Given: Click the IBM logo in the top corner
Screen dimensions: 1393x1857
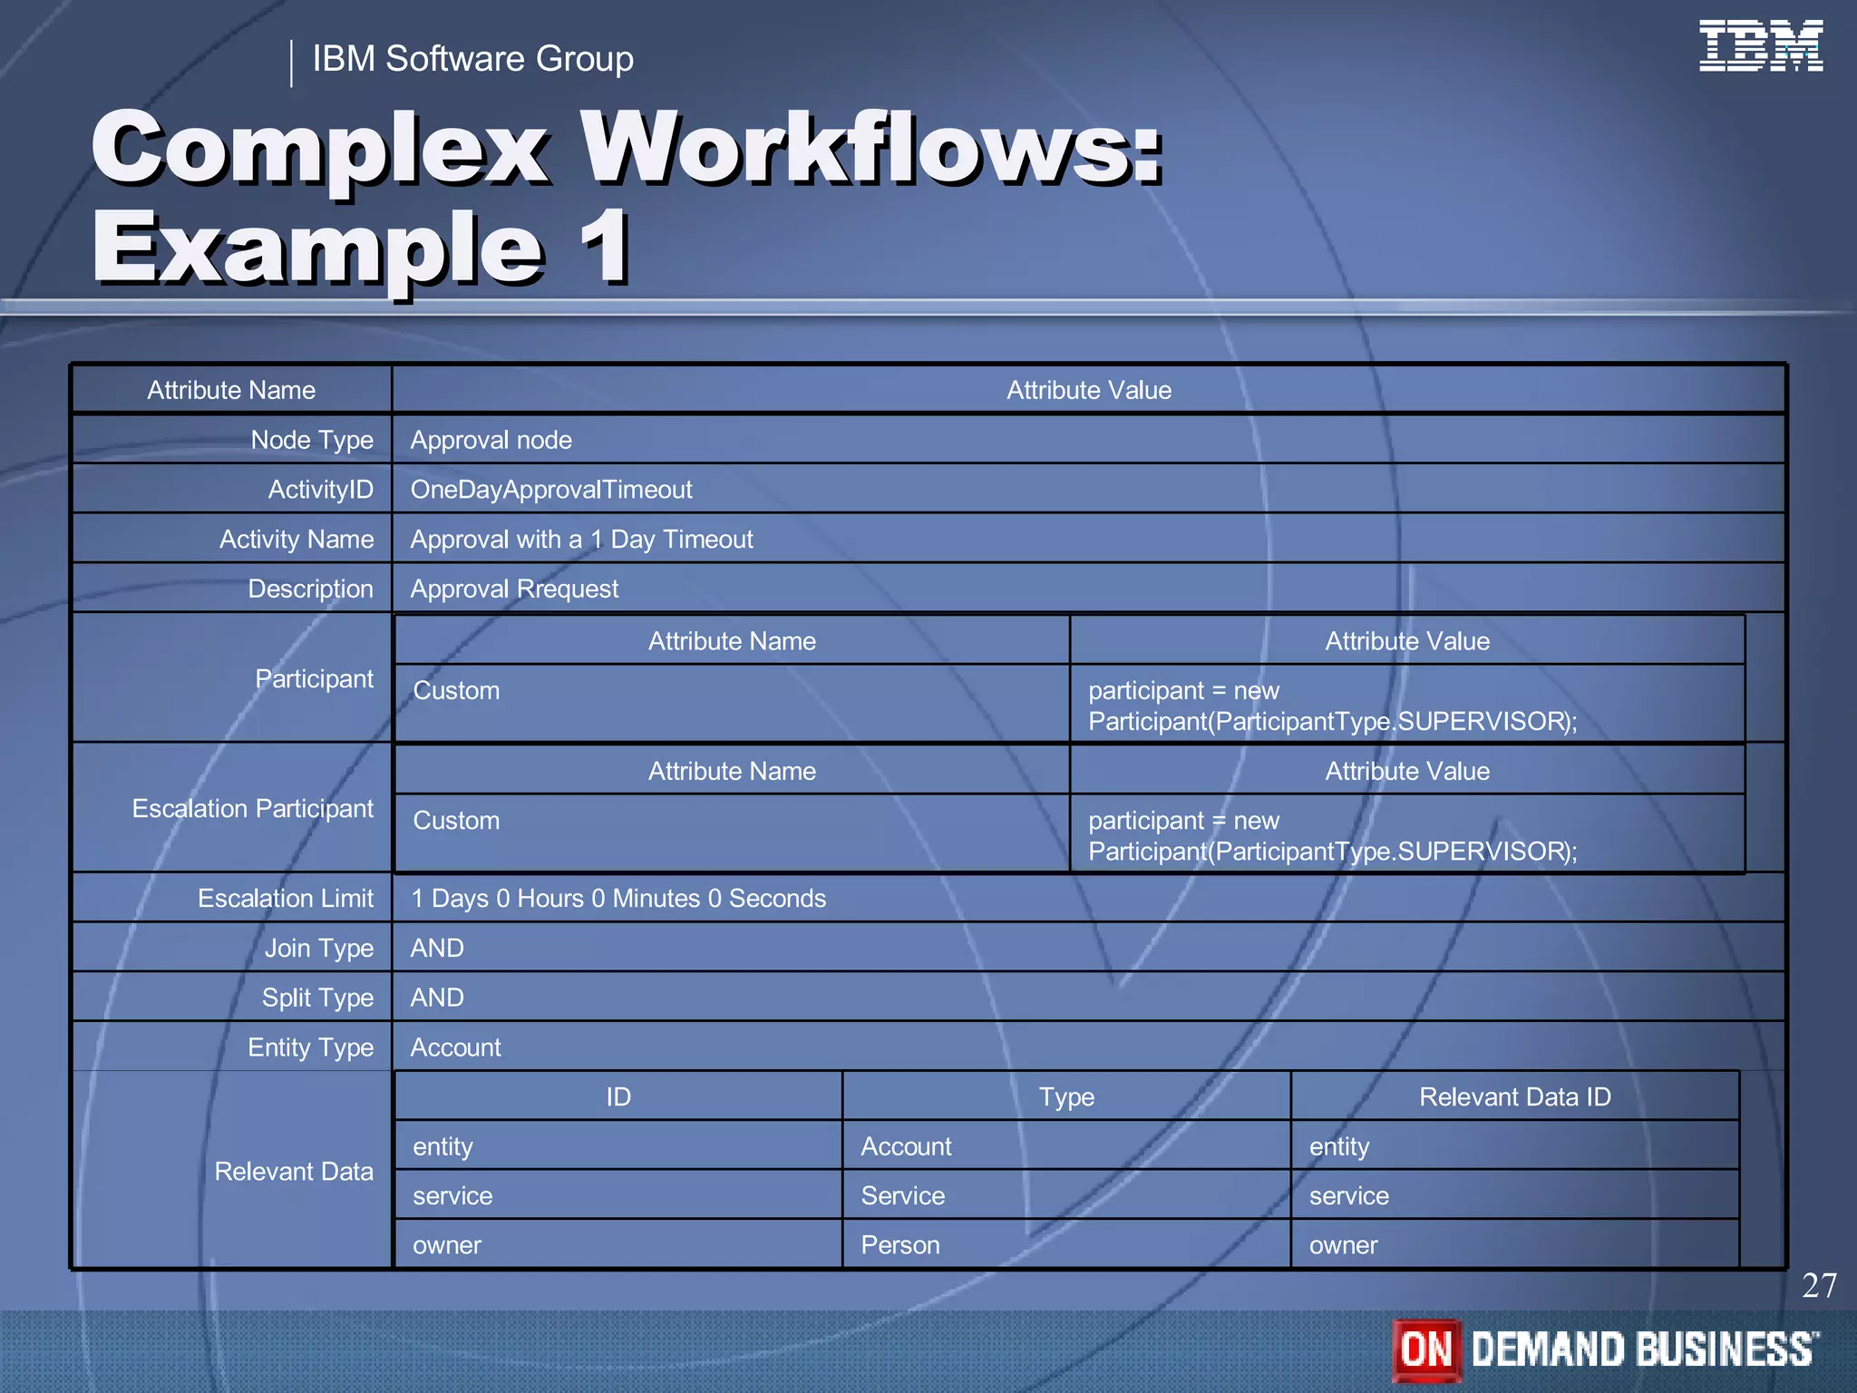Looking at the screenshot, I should tap(1760, 45).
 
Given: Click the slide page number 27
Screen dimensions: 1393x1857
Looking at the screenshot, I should tap(1818, 1286).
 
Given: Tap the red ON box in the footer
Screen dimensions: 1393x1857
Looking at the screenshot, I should tap(1426, 1349).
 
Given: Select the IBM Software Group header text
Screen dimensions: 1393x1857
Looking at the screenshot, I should tap(472, 59).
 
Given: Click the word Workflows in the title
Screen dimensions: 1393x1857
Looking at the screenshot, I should tap(870, 148).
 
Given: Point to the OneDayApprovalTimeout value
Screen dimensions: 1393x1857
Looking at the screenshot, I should tap(550, 490).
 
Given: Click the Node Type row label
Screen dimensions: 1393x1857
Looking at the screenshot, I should tap(312, 440).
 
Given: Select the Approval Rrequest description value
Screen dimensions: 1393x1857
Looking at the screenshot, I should tap(514, 589).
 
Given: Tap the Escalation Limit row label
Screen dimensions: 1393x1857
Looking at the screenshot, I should tap(286, 899).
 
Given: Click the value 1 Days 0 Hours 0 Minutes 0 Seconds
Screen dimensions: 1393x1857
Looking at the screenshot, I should tap(618, 899).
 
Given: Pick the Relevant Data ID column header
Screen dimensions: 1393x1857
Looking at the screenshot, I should tap(1514, 1097).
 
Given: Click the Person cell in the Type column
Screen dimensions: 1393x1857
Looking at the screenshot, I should tap(899, 1245).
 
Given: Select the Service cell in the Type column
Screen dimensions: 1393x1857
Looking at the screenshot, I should tap(902, 1196).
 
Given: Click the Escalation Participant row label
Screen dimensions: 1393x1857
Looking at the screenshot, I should tap(252, 808).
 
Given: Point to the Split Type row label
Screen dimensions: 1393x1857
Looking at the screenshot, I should tap(317, 998).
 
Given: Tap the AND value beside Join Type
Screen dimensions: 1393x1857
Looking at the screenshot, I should tap(437, 949).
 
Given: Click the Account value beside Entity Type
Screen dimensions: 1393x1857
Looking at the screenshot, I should tap(455, 1047).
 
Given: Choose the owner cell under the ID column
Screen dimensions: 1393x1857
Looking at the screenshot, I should tap(446, 1245).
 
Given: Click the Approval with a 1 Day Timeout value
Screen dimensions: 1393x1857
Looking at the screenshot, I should tap(581, 540).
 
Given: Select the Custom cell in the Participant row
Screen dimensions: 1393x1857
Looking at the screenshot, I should tap(456, 691).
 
